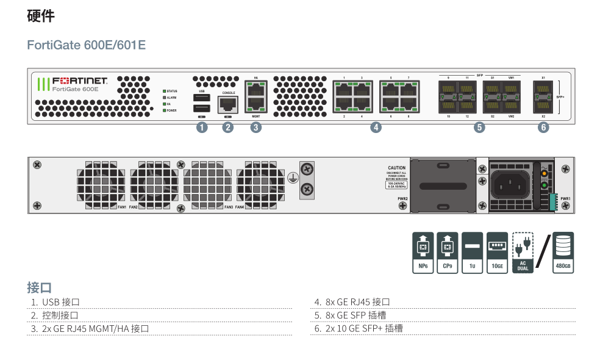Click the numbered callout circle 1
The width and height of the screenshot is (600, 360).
tap(201, 128)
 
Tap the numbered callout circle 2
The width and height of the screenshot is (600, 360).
tap(228, 128)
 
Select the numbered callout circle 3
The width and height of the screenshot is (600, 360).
tap(256, 128)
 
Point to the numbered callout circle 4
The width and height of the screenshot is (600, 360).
tap(376, 128)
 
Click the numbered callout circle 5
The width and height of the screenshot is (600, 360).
tap(480, 128)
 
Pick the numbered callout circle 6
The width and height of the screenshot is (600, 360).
tap(543, 128)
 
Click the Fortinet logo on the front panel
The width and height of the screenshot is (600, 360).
tap(73, 81)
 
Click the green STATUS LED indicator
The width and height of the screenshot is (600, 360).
tap(164, 91)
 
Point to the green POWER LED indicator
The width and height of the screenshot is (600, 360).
tap(164, 110)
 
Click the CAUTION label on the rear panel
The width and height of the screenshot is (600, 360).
tap(396, 168)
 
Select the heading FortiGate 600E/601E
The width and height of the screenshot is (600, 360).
tap(87, 46)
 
